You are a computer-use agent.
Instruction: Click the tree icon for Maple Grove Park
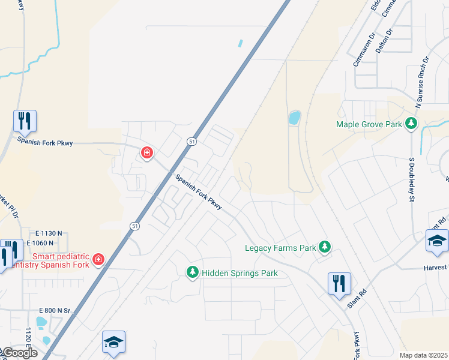[411, 124]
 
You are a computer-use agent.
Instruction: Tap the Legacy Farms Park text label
[280, 248]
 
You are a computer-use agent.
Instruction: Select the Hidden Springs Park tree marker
[193, 273]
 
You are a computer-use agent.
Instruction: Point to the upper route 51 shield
[191, 142]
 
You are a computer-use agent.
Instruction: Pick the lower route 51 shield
[134, 226]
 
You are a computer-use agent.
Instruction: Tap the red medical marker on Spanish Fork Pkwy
[146, 154]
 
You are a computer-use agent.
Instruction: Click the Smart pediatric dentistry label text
[47, 260]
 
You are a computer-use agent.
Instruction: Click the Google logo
[20, 353]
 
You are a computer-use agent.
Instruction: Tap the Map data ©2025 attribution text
[423, 355]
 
